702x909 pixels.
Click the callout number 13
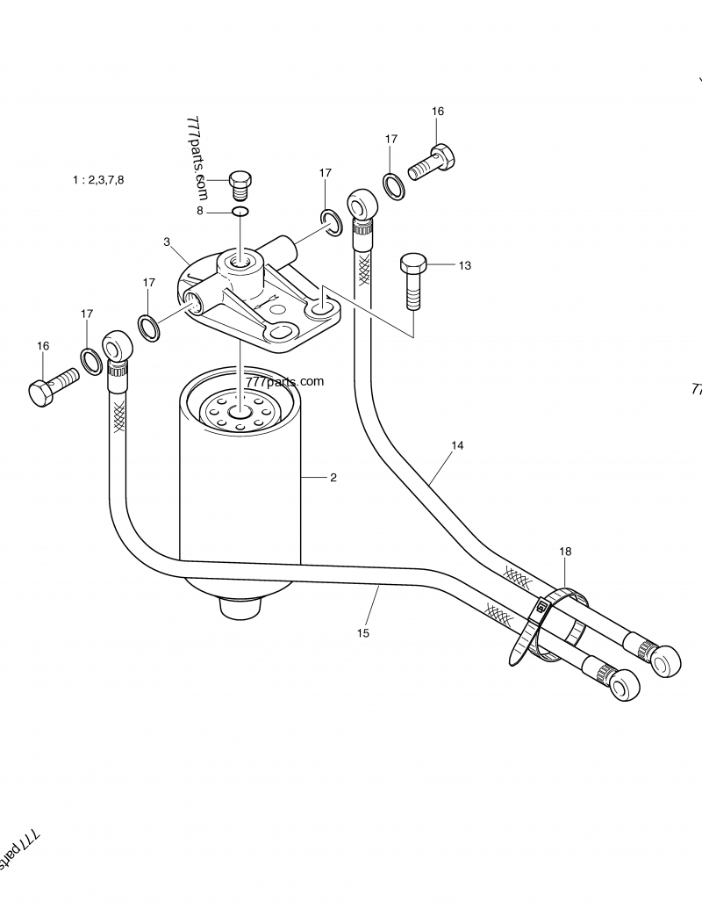click(x=464, y=265)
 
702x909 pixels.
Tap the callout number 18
click(x=565, y=552)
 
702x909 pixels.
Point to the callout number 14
click(x=457, y=446)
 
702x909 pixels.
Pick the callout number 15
click(x=363, y=631)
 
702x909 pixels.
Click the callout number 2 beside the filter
click(x=333, y=478)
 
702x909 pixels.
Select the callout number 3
click(x=166, y=241)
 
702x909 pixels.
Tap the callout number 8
click(x=199, y=212)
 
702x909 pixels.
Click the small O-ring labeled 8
click(x=240, y=211)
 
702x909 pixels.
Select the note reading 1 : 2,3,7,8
click(x=98, y=179)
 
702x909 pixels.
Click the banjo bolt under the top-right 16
click(x=432, y=162)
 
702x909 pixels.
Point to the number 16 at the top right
click(x=438, y=112)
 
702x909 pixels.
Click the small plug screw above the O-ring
click(x=240, y=183)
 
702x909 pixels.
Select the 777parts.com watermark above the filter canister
click(x=285, y=382)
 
